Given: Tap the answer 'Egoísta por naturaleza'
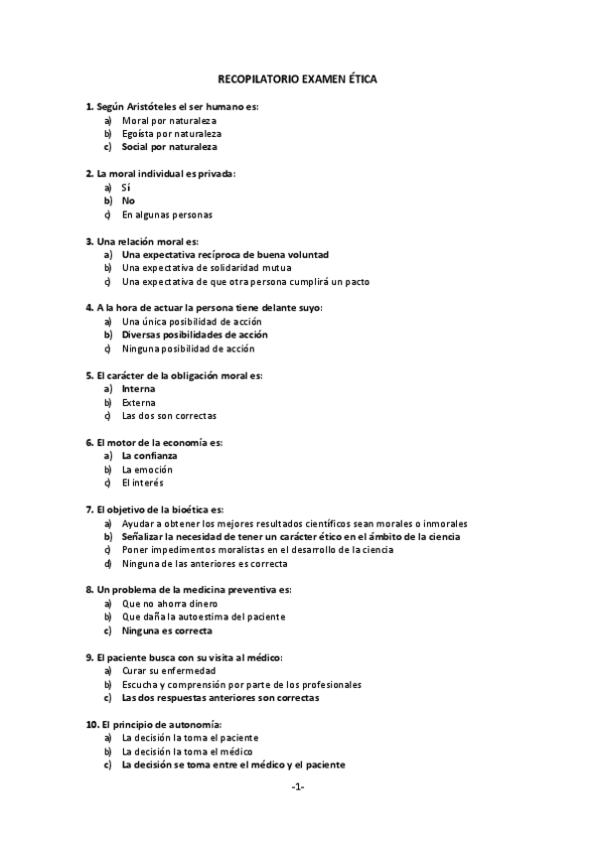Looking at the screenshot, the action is pyautogui.click(x=171, y=133).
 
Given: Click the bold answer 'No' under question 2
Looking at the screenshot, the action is pyautogui.click(x=128, y=201).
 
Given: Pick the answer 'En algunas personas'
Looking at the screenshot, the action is pyautogui.click(x=167, y=214).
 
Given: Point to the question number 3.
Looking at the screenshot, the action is pyautogui.click(x=89, y=241).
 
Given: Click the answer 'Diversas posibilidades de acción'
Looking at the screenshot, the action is pyautogui.click(x=195, y=336).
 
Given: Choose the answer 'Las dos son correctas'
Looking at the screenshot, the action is pyautogui.click(x=169, y=416).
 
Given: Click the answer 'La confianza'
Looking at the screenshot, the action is pyautogui.click(x=149, y=456).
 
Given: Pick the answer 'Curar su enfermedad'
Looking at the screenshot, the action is pyautogui.click(x=168, y=671).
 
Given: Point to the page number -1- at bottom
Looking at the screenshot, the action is pyautogui.click(x=297, y=787).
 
